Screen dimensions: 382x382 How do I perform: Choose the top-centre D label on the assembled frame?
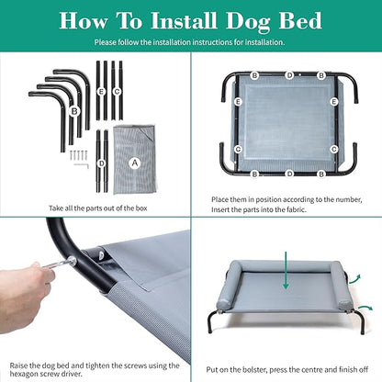pyautogui.click(x=288, y=74)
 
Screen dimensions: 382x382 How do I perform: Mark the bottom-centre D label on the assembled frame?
pyautogui.click(x=288, y=172)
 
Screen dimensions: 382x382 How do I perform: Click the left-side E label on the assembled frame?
pyautogui.click(x=239, y=102)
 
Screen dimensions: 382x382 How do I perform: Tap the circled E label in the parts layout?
pyautogui.click(x=101, y=90)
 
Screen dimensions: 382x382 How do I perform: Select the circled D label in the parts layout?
pyautogui.click(x=101, y=163)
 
